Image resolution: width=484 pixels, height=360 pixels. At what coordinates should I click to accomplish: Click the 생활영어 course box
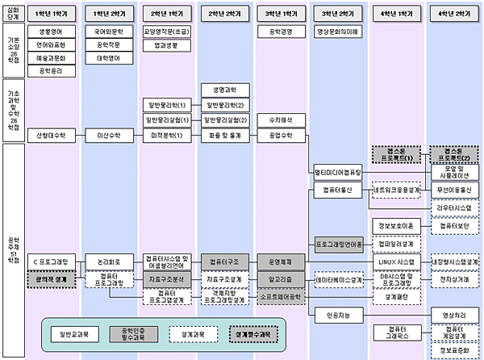click(x=50, y=32)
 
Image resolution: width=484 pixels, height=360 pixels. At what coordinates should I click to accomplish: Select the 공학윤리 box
click(x=50, y=71)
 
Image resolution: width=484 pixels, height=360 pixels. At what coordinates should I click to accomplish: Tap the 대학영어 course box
click(x=108, y=58)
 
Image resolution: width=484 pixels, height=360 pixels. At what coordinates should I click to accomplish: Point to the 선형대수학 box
click(x=50, y=134)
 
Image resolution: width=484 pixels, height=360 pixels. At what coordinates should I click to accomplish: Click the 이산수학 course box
click(x=108, y=134)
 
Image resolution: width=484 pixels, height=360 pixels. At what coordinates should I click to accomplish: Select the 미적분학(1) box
click(x=167, y=134)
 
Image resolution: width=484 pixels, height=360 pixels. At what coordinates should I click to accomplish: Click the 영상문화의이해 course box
click(x=340, y=32)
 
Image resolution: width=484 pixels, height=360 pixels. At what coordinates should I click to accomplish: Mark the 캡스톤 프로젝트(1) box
click(x=397, y=154)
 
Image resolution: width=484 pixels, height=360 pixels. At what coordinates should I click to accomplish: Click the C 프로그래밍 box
click(x=50, y=262)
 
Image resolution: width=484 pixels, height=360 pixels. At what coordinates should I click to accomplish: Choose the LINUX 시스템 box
click(x=397, y=262)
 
